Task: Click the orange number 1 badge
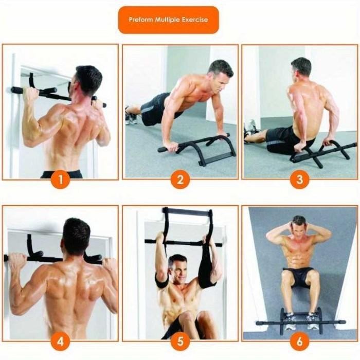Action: tap(60, 179)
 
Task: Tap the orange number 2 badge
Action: tap(180, 179)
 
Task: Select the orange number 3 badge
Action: tap(299, 179)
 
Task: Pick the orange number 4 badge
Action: tap(60, 341)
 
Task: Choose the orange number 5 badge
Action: tap(180, 341)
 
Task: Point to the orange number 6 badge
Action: tap(299, 341)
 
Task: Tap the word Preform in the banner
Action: tap(141, 20)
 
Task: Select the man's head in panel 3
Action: tap(301, 68)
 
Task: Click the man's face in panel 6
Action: tap(299, 226)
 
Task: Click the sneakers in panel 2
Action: tap(131, 116)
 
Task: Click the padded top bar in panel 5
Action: tap(186, 211)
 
